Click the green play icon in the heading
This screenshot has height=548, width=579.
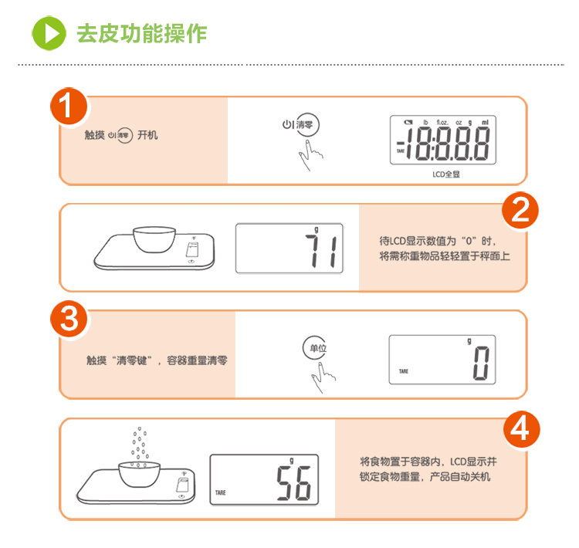49,33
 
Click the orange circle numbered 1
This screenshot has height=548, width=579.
69,107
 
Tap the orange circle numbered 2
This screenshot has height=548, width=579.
520,211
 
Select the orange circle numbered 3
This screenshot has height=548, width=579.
69,319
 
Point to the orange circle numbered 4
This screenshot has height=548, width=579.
521,429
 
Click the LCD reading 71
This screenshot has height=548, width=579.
320,252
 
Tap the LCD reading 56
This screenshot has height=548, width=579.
294,482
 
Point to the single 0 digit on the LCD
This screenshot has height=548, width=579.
481,364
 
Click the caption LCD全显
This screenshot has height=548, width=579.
446,174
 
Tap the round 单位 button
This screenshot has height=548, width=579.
315,348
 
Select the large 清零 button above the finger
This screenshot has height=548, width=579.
306,125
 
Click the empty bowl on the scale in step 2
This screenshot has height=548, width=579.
154,240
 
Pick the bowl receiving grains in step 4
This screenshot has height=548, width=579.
139,475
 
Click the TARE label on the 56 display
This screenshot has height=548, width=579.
221,492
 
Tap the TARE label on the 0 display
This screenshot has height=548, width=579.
404,371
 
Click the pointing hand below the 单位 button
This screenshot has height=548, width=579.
323,377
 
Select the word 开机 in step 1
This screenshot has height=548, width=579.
147,135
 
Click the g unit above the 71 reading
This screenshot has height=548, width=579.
316,230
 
